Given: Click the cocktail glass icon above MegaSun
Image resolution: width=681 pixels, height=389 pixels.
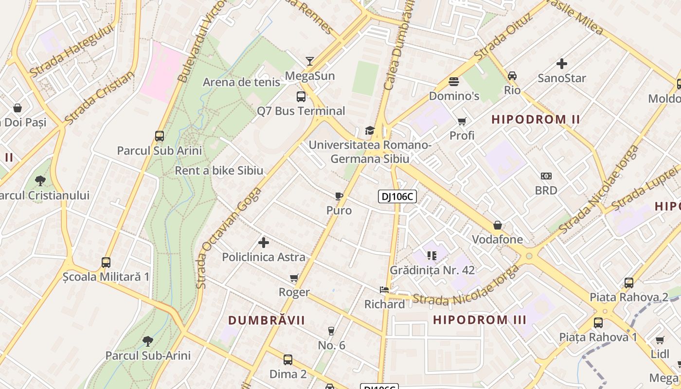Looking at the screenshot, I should pos(309,61).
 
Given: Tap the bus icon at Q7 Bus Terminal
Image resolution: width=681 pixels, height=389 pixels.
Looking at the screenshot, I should pos(301,96).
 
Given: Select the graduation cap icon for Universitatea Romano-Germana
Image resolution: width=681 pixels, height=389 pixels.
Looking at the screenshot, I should pos(370,130).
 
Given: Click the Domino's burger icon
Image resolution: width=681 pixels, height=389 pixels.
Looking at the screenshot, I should pos(454,81).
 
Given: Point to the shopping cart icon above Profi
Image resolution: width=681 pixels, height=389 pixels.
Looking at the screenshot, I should pos(462,121).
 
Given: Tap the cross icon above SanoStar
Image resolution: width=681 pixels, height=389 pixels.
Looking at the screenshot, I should pos(562,64).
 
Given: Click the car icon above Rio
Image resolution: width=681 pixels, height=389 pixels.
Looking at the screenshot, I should pos(512,76).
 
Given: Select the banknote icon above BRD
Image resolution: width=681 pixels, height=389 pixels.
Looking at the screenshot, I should pos(546,176).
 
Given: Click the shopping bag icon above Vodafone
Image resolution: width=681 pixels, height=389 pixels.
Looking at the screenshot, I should pos(497,225).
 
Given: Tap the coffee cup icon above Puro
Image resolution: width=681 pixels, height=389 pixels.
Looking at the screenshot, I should pos(339,196).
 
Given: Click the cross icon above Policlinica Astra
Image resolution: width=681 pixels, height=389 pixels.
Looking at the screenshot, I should pos(264,242).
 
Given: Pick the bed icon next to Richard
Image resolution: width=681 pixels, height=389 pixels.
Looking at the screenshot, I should pos(384,290).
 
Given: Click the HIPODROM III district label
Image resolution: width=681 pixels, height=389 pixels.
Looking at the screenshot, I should pos(480,320).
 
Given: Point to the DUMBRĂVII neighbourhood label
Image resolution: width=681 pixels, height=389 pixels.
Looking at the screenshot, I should pos(267,320).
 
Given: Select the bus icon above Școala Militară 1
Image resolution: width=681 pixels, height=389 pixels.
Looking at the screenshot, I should pos(106,263).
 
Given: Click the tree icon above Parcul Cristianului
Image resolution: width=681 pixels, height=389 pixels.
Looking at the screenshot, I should pos(40,181).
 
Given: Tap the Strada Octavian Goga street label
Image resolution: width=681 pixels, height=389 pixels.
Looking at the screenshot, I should pos(229,238).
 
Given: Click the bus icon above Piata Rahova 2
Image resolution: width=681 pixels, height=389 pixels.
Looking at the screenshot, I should pos(628,283).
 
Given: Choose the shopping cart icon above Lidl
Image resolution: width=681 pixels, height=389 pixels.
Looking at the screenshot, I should pos(660,340).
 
